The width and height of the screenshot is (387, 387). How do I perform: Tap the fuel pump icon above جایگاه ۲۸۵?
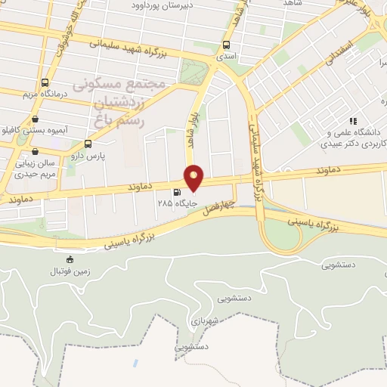coord(177,192)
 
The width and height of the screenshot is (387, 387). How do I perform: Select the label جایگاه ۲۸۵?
coord(172,203)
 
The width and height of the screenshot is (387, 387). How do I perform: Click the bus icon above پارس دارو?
coord(89,144)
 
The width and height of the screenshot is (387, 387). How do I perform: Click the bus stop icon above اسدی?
coord(227,44)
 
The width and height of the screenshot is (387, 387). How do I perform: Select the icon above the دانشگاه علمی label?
coord(352,120)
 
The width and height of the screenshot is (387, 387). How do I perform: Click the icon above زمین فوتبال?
coord(71,259)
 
